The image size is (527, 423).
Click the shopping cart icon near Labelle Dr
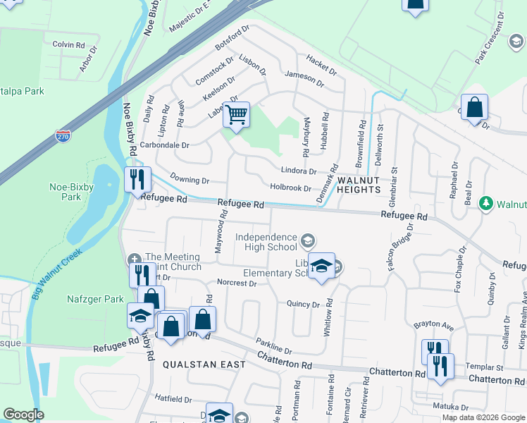click(237, 114)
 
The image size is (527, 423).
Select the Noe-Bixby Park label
click(66, 192)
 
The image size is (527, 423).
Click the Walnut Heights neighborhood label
click(359, 185)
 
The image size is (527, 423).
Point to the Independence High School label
click(266, 242)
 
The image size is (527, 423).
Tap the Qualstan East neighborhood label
click(204, 364)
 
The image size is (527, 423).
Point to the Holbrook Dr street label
click(291, 188)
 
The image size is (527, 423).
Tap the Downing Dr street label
click(190, 181)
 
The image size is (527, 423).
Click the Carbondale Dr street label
click(165, 145)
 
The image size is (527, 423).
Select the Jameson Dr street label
click(304, 78)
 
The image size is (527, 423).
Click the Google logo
click(23, 415)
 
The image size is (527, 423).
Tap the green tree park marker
click(485, 204)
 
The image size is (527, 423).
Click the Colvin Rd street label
click(68, 44)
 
